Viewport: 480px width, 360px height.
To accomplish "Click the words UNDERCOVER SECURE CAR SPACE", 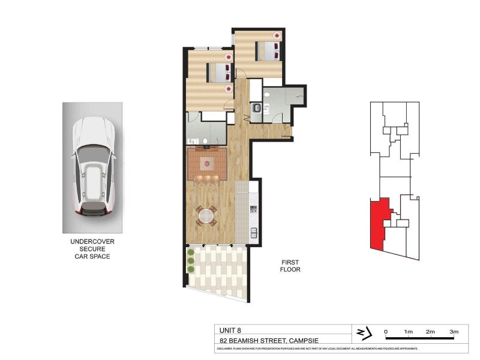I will coord(92,249).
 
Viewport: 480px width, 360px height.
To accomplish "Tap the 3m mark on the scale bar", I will coord(454,332).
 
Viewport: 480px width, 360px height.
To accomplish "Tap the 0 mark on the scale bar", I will coord(386,332).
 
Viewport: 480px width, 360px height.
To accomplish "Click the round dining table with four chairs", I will coord(206,215).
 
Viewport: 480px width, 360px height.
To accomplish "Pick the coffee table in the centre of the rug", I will coord(207,163).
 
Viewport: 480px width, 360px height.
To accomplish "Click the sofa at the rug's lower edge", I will coord(207,178).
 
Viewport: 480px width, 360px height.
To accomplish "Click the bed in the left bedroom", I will coord(218,73).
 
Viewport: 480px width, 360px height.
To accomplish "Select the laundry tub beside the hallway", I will coord(256,109).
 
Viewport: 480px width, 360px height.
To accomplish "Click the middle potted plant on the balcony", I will coord(191,261).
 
